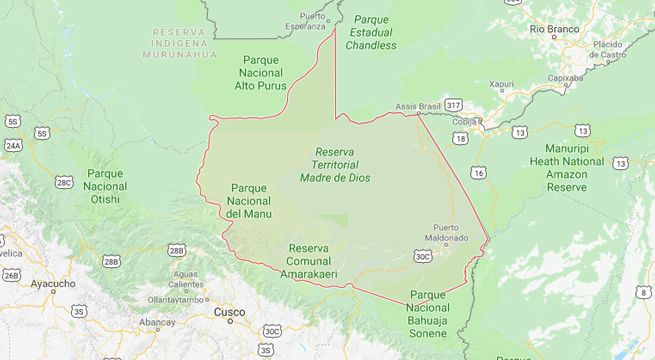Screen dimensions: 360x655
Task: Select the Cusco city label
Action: pos(229,312)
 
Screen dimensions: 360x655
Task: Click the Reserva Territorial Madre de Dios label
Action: pos(335,164)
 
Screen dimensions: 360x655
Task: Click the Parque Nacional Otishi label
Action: pos(105,186)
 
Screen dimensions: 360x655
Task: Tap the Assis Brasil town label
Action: pos(417,105)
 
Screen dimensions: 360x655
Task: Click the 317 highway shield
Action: pos(454,105)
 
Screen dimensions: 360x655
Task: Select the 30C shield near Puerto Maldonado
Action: pos(423,256)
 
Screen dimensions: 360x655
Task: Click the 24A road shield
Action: pos(12,145)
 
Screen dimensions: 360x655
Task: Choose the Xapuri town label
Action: pos(503,85)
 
